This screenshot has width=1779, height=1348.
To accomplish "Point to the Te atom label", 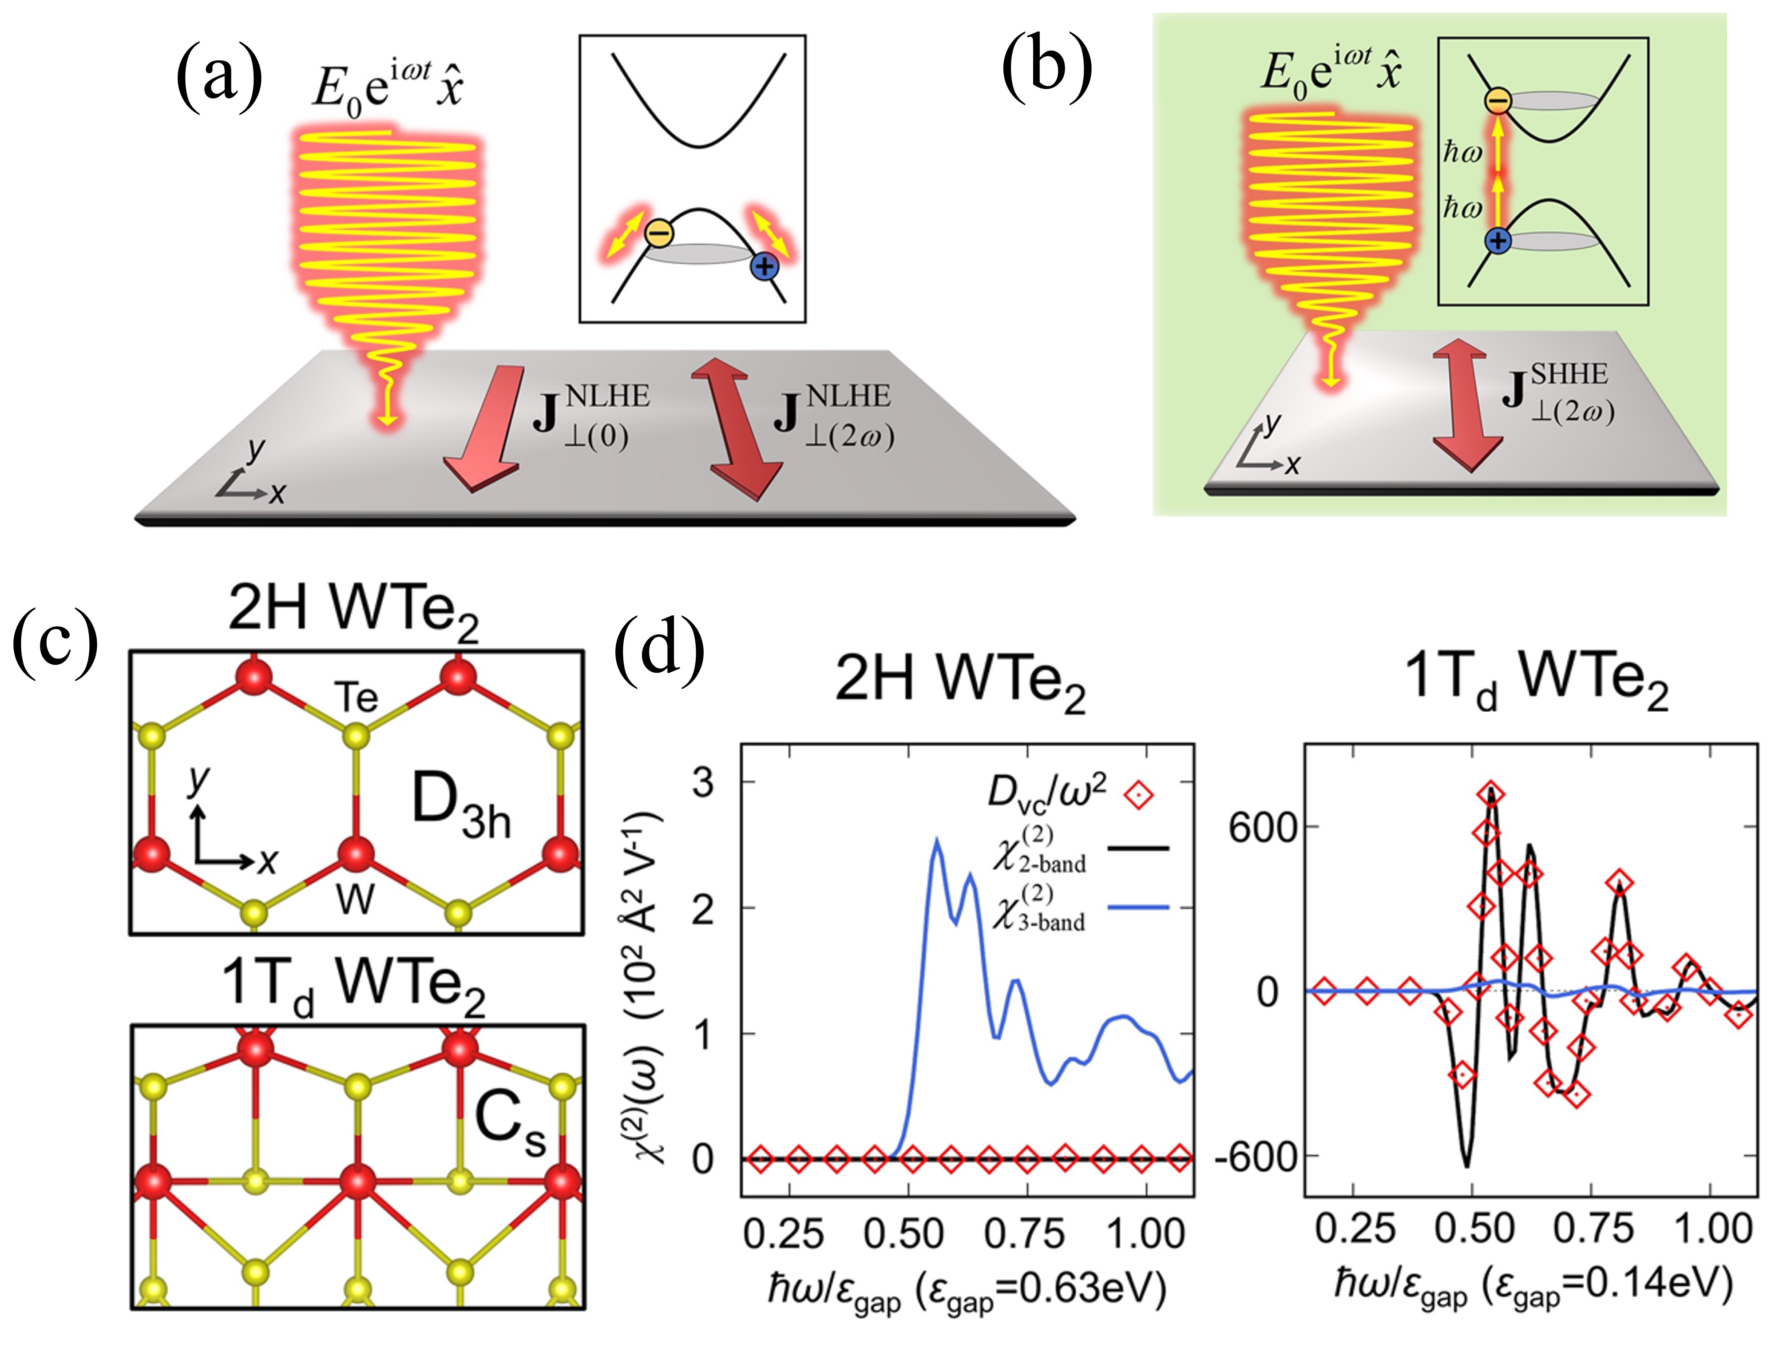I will [x=356, y=697].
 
